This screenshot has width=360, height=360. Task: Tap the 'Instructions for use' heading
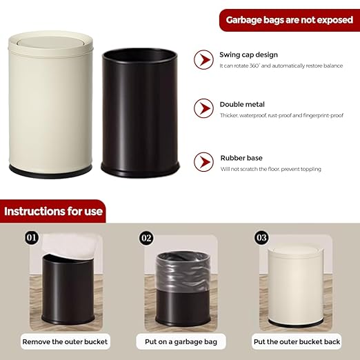click(x=54, y=211)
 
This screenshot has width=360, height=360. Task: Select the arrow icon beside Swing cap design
click(x=203, y=60)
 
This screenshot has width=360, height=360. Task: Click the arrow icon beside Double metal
click(x=203, y=108)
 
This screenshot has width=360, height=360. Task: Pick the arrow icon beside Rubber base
click(x=203, y=162)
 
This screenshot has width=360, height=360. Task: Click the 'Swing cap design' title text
click(x=250, y=54)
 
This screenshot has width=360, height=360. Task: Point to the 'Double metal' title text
click(x=241, y=103)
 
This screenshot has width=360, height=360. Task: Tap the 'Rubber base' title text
click(x=241, y=158)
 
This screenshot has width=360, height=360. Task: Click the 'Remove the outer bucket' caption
click(x=65, y=341)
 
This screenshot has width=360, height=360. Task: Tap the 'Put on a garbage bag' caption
click(x=179, y=341)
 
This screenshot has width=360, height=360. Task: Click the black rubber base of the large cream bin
click(x=52, y=168)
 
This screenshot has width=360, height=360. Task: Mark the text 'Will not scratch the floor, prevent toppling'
click(x=270, y=169)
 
